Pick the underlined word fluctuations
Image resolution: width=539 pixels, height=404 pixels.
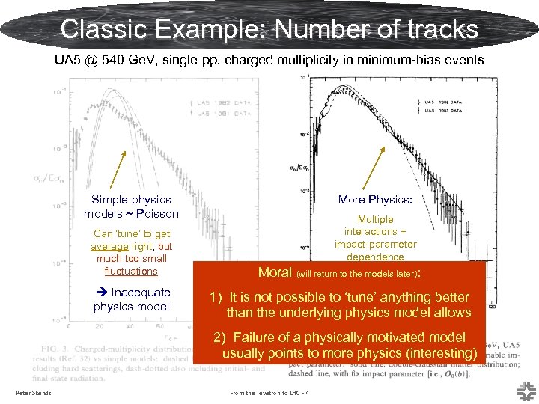tap(131, 271)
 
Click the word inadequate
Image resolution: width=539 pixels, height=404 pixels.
tap(140, 292)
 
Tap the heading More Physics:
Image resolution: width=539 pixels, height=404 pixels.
tap(375, 200)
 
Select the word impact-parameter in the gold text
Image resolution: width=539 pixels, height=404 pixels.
tap(375, 244)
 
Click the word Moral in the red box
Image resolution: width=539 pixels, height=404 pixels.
tap(275, 272)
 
